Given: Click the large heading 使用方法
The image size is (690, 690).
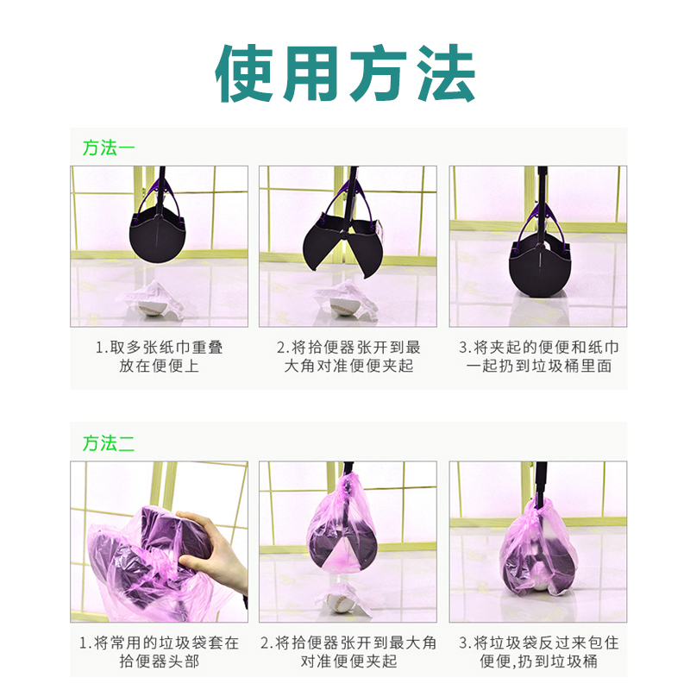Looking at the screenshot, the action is (x=346, y=73).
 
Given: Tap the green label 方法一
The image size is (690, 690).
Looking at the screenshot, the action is (x=109, y=147).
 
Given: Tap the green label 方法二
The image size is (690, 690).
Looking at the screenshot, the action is (x=109, y=443).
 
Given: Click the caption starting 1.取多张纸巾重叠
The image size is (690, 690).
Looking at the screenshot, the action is (x=160, y=356).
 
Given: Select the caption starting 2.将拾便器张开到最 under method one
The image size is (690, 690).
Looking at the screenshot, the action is (x=348, y=356).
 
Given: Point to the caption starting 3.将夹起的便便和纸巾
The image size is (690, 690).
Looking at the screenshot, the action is (x=538, y=356).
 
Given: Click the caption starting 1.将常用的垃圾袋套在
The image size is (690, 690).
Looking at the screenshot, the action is (x=160, y=652).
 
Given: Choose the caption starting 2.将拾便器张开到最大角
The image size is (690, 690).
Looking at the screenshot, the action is (x=348, y=652).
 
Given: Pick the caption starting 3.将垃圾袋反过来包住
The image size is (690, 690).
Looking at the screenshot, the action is (x=538, y=652).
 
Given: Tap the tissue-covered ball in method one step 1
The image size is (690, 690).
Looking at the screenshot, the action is (x=152, y=299).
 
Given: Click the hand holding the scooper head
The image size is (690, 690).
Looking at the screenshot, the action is (x=210, y=549).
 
